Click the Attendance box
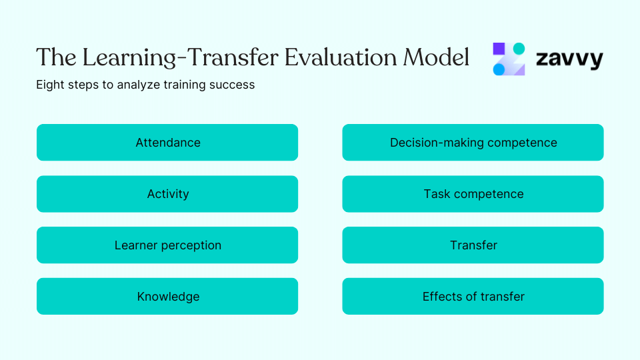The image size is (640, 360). click(x=167, y=143)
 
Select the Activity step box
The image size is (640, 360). click(x=167, y=194)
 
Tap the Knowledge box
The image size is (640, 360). click(x=167, y=297)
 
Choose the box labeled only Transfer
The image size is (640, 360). click(x=473, y=245)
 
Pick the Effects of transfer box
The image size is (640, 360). click(x=473, y=297)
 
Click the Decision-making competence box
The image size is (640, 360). click(x=473, y=143)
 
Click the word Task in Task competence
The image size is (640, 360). click(x=437, y=194)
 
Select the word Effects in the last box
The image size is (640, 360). click(x=442, y=297)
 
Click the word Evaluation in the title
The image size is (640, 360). click(x=341, y=58)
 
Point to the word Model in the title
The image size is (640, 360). click(x=436, y=58)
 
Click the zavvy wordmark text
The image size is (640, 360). click(x=569, y=59)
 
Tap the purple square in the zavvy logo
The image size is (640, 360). click(x=500, y=49)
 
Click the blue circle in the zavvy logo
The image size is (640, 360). click(x=499, y=69)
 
